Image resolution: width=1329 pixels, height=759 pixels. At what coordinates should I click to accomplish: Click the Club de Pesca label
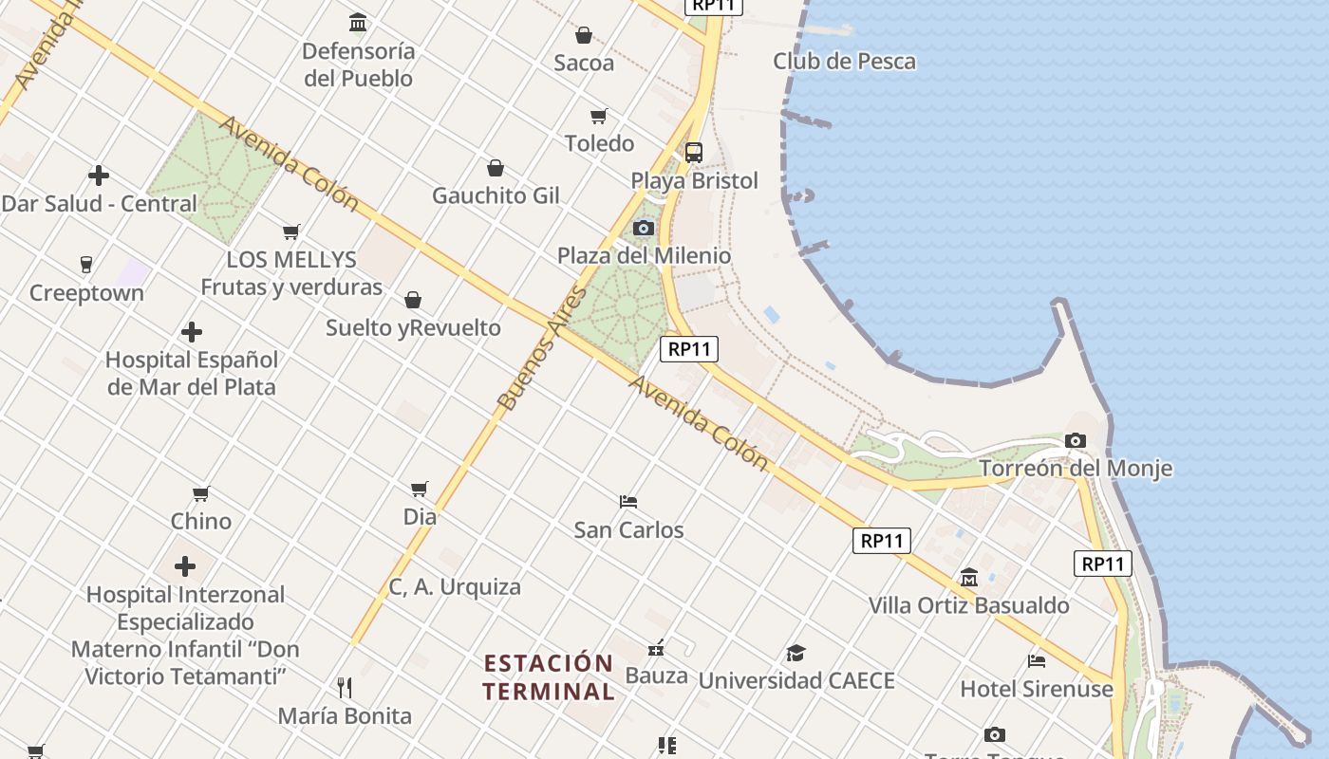844,62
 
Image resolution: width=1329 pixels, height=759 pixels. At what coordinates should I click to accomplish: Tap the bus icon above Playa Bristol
694,153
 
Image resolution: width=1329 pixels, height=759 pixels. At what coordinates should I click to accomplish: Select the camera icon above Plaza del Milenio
644,228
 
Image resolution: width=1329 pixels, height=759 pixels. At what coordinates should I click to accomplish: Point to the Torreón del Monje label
1076,468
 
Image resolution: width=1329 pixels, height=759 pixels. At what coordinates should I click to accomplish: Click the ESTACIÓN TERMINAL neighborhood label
549,676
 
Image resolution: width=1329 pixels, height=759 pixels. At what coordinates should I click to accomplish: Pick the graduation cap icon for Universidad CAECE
796,653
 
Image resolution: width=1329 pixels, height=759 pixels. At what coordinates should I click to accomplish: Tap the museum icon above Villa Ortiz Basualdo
969,577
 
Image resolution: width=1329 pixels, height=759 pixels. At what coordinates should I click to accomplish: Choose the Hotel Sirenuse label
1037,689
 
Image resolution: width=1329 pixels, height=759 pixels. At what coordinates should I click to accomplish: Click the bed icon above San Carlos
627,501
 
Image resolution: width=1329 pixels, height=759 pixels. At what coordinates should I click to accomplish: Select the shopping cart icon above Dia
420,489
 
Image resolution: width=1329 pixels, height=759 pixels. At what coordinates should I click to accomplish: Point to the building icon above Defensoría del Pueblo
358,22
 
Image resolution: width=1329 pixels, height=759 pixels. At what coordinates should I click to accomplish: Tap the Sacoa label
584,63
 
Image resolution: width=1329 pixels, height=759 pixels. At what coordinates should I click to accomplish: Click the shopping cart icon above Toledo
599,116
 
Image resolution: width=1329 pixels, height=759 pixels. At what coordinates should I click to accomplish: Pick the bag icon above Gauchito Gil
496,168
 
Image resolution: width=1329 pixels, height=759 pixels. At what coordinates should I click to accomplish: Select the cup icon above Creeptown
86,264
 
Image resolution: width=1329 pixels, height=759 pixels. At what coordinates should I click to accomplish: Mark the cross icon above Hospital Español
192,332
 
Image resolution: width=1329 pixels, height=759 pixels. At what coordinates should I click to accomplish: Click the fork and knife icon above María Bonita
345,687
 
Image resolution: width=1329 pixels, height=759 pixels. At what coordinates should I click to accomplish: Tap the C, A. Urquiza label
455,587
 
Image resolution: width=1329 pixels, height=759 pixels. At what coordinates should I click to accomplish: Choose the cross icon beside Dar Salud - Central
99,176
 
